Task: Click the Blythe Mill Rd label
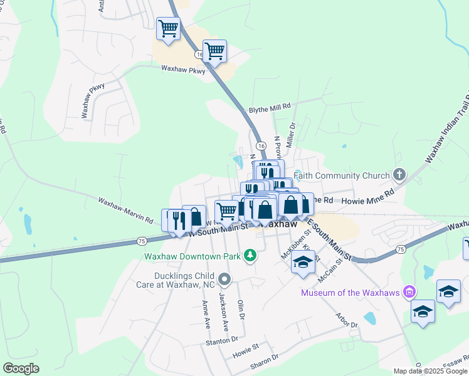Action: [x=270, y=107]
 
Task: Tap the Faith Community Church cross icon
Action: [x=399, y=175]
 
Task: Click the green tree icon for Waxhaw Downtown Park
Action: [x=250, y=255]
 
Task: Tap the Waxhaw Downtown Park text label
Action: [x=192, y=256]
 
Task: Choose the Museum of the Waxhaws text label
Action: [x=350, y=293]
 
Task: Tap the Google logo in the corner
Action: [x=21, y=368]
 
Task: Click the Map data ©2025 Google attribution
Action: [x=431, y=371]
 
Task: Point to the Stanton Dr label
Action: [x=222, y=340]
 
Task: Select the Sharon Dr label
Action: [x=264, y=360]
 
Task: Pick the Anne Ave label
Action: [x=205, y=314]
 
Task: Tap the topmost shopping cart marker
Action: [x=168, y=29]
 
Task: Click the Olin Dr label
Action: [x=240, y=311]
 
